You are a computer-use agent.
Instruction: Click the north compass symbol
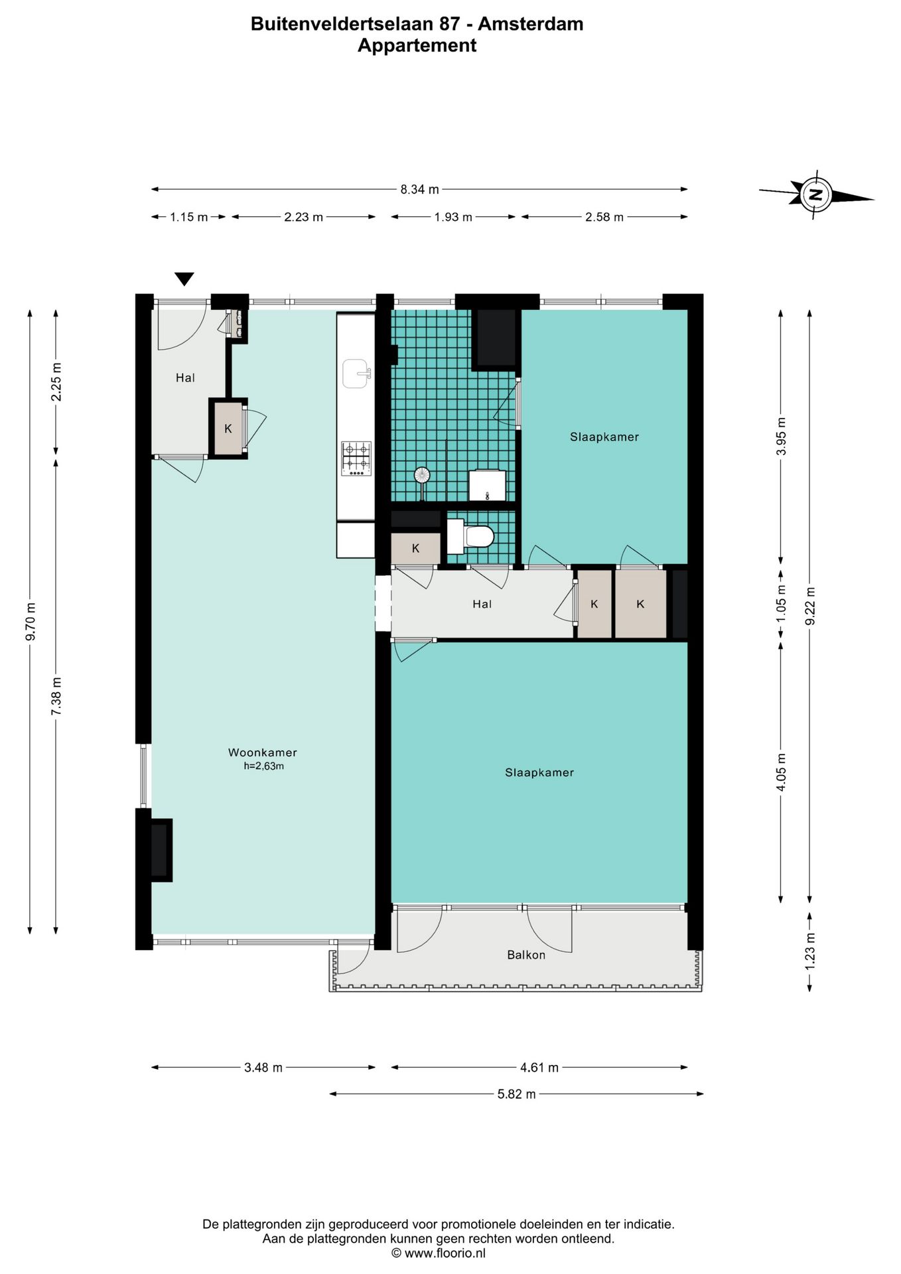(x=816, y=194)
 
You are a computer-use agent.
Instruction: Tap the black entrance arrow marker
(x=184, y=279)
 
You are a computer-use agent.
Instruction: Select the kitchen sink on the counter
(x=357, y=374)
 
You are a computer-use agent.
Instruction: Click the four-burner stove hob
(x=356, y=459)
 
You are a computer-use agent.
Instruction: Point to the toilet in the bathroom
(x=470, y=536)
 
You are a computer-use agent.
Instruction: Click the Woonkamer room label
(x=263, y=752)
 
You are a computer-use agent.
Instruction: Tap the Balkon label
(x=526, y=955)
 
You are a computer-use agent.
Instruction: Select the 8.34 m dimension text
(x=419, y=189)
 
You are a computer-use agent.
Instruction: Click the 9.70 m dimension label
(x=30, y=622)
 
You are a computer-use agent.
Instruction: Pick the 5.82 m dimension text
(x=516, y=1094)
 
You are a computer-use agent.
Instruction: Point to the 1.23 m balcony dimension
(x=809, y=951)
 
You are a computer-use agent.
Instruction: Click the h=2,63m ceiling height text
(x=263, y=766)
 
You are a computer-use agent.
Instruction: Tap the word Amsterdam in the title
(x=531, y=24)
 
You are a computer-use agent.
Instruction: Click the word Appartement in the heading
(x=417, y=45)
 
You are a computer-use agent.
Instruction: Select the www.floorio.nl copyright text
(x=438, y=1253)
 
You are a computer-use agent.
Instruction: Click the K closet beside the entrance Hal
(x=228, y=429)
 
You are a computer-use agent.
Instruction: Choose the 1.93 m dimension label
(x=453, y=217)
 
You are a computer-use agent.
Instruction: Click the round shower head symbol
(x=422, y=475)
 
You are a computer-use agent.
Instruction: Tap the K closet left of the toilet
(x=415, y=548)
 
